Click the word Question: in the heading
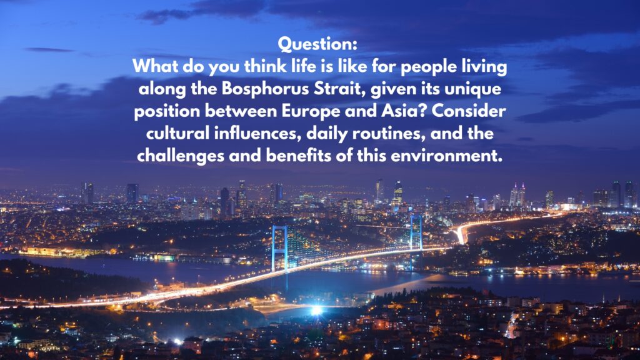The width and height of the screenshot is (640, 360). pos(317,44)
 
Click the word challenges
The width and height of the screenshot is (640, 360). pos(181,156)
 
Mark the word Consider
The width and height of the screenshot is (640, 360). pos(469,111)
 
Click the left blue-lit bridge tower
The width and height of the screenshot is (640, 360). pos(279,249)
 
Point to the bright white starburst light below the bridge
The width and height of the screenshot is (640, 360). pos(316,311)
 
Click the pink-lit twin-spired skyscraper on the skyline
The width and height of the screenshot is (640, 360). pos(517,195)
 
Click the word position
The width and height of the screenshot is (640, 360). pos(167,111)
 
